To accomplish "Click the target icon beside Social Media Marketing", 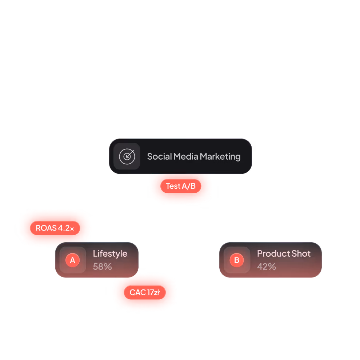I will pos(127,156).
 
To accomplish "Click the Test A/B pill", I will pos(181,186).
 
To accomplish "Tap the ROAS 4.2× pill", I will pos(55,228).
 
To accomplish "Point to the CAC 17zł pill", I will pos(145,292).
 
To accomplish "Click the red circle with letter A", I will pos(72,260).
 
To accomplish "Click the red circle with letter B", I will pos(237,260).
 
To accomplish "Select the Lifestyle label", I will pos(110,254).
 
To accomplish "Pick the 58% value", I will pos(102,267).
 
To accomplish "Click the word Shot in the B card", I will pos(301,254).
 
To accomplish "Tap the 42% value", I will pos(267,267).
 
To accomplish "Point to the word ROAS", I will pos(46,228).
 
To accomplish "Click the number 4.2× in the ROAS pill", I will pos(66,228).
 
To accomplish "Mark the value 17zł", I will pos(154,292).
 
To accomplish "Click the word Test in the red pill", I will pos(173,186).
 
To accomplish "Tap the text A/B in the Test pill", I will pos(189,186).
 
